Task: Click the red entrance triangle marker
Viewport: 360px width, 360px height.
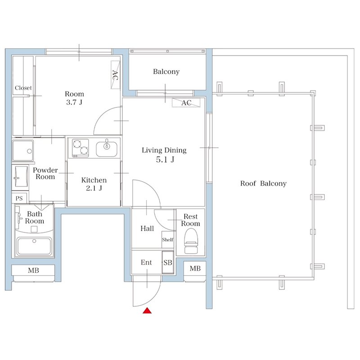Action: (146, 310)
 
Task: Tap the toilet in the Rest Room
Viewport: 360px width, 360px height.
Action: (191, 242)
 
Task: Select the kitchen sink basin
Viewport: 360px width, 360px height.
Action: (106, 148)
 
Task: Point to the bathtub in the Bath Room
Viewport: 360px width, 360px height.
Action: (34, 247)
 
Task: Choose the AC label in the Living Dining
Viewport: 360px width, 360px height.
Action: (186, 103)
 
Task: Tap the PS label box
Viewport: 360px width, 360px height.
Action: (19, 198)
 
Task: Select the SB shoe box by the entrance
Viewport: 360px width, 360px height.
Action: (168, 263)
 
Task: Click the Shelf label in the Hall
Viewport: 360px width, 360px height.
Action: (168, 240)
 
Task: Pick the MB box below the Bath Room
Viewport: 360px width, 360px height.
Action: (33, 270)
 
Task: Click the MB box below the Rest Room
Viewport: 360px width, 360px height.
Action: (195, 269)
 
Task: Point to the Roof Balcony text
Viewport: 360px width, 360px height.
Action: (263, 184)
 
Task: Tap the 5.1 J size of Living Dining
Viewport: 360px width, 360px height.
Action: (164, 159)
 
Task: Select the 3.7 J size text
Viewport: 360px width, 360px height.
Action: (74, 102)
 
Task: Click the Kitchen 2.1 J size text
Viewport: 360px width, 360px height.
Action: (94, 188)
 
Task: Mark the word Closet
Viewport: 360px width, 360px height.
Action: (23, 88)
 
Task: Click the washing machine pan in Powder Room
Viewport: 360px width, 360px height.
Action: (22, 150)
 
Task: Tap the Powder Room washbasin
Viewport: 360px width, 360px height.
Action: (21, 178)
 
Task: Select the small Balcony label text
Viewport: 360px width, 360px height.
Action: (166, 72)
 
